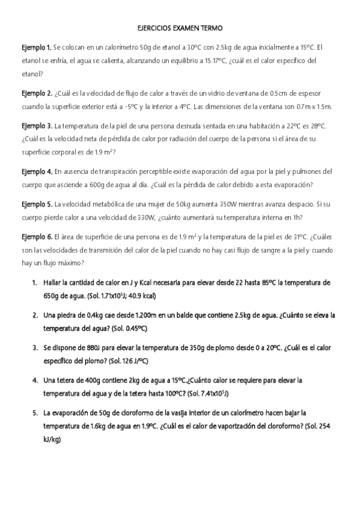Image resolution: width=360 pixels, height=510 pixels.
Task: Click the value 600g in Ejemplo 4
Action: click(x=100, y=185)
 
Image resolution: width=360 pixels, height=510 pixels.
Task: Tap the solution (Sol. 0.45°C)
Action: click(x=127, y=329)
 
